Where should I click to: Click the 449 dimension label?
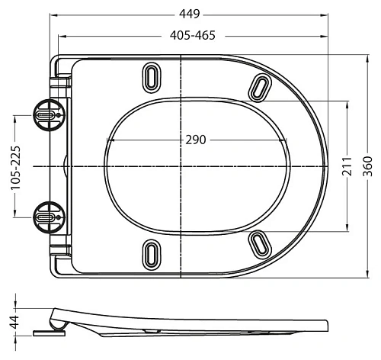(x=190, y=14)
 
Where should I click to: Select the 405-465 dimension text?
(x=193, y=35)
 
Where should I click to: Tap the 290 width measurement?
(x=196, y=140)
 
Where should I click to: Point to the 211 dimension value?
(x=347, y=166)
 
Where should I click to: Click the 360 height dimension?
(x=367, y=166)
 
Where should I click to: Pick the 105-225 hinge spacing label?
(x=15, y=168)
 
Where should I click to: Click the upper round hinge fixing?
(x=49, y=115)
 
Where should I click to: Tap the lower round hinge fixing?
(x=49, y=217)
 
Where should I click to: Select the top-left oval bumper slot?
(x=152, y=77)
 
